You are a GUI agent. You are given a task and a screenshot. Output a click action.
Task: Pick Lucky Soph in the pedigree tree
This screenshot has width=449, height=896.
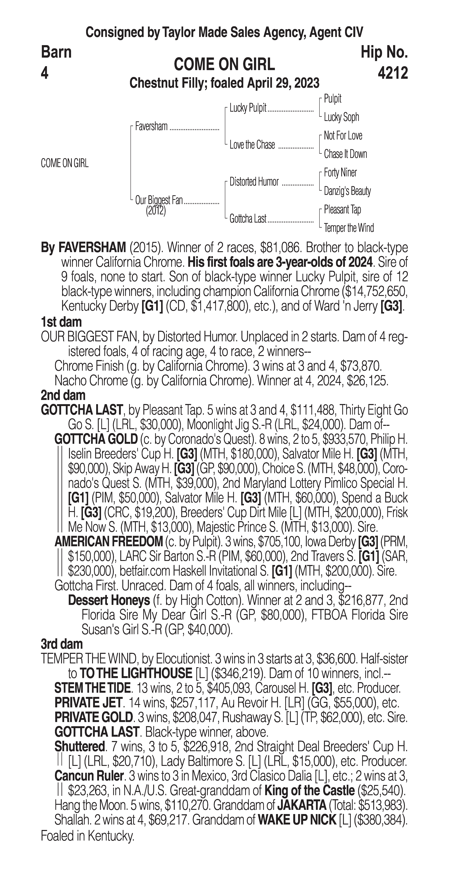click(341, 117)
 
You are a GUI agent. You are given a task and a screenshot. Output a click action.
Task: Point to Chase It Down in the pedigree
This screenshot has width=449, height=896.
click(345, 154)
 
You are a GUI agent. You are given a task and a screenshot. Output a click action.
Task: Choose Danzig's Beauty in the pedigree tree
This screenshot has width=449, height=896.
click(347, 191)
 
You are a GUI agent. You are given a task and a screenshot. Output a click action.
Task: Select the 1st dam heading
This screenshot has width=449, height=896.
click(61, 322)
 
